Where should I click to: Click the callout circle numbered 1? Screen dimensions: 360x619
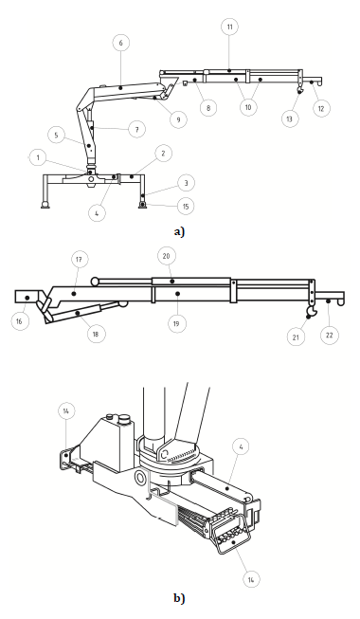pos(38,158)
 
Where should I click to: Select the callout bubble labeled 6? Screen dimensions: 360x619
pos(121,43)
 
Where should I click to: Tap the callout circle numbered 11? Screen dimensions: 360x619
pos(229,27)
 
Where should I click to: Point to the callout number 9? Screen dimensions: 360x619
pos(178,119)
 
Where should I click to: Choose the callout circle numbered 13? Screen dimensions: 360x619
pos(290,118)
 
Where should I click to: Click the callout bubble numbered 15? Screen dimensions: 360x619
pos(186,206)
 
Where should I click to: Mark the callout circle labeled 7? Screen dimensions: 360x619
pos(136,129)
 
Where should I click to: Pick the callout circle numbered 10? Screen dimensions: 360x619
pos(248,107)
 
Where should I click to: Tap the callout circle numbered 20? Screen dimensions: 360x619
pos(166,256)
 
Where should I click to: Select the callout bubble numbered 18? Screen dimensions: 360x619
pos(96,334)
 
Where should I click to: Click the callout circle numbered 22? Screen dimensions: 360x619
pos(330,336)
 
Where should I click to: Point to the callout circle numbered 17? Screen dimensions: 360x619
pos(79,260)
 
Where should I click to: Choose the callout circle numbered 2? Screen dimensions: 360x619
pos(163,153)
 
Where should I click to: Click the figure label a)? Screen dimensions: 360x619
pos(179,231)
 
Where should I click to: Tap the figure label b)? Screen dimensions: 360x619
pos(179,598)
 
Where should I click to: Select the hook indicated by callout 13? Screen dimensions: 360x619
pos(300,90)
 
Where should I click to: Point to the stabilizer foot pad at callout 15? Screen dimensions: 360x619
pos(142,205)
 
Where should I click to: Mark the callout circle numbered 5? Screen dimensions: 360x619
pos(56,135)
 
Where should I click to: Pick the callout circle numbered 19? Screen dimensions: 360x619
pos(176,323)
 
